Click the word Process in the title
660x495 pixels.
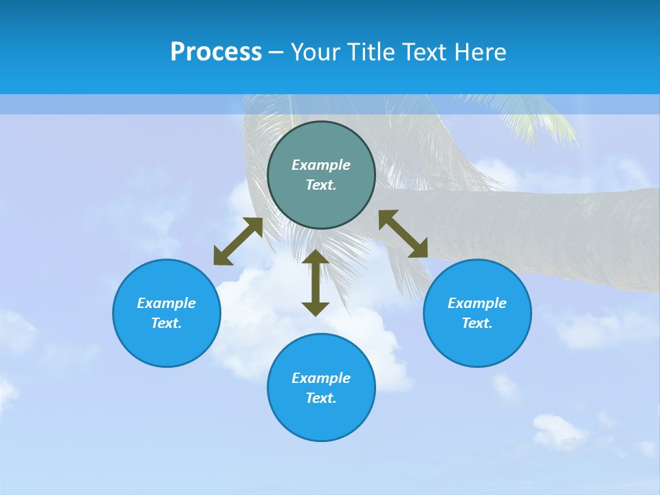216,52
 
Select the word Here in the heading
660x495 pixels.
479,52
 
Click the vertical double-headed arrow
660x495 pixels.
316,283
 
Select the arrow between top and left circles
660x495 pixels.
238,241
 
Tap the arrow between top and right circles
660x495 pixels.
404,234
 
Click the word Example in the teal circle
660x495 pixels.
321,165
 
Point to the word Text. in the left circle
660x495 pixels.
166,323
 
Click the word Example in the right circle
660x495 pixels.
477,303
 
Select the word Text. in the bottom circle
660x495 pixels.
321,398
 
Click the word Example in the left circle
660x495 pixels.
166,303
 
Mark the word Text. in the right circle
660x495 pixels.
477,323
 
